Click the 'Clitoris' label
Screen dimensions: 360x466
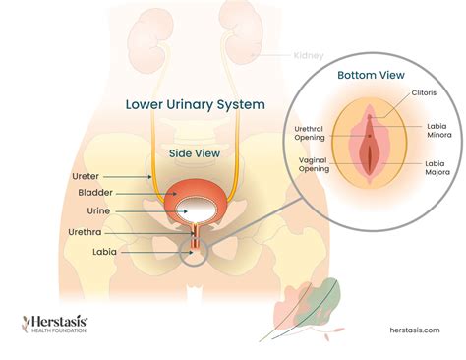point(424,94)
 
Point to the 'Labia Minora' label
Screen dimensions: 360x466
point(438,131)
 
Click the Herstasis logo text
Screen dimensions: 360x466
point(56,321)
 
